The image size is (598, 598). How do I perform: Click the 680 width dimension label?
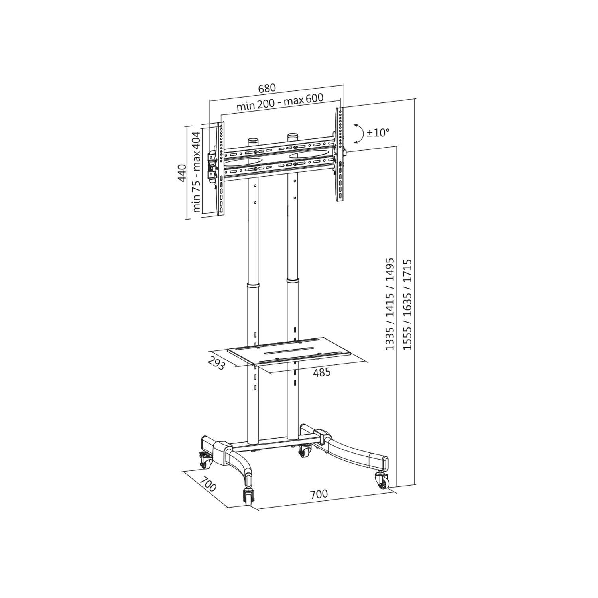click(x=267, y=88)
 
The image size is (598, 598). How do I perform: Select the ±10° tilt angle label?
click(x=378, y=133)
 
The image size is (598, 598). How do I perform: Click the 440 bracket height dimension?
click(x=182, y=173)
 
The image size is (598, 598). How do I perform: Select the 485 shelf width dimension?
click(x=322, y=372)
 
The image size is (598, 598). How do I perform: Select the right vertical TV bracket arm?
click(x=340, y=155)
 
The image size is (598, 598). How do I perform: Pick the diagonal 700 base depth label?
click(x=208, y=484)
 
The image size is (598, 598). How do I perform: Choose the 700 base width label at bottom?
click(x=319, y=494)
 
